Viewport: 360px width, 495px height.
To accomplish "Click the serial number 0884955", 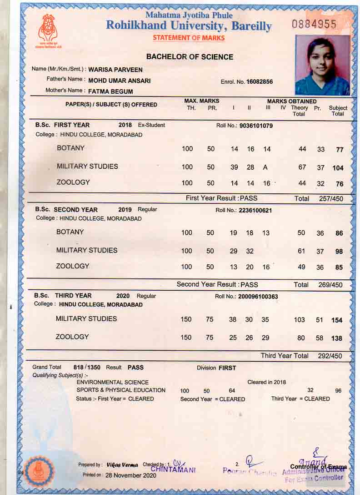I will [314, 25].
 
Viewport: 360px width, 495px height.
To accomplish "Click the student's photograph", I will [322, 65].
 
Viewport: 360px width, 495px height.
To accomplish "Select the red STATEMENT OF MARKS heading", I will [189, 38].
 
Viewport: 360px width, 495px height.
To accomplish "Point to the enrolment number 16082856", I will [260, 82].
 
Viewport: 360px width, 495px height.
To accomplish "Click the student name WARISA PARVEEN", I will [115, 70].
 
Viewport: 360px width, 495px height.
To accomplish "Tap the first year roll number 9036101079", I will [256, 126].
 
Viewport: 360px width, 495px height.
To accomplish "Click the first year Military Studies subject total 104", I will [338, 168].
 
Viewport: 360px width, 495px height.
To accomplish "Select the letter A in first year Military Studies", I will [265, 167].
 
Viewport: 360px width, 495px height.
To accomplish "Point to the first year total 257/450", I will [330, 199].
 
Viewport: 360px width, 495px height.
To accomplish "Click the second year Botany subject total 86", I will [339, 233].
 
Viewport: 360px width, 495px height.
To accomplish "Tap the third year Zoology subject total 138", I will [337, 338].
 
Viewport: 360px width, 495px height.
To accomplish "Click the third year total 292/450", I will [330, 356].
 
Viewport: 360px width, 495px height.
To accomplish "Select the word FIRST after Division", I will [227, 368].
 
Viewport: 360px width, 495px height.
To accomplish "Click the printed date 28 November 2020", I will [131, 475].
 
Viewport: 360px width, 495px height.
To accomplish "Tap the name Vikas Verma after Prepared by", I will [122, 465].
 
